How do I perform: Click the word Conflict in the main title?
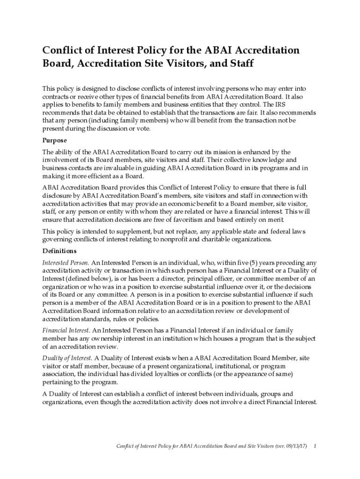point(60,50)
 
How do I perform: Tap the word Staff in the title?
point(241,63)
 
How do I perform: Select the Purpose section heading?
point(55,140)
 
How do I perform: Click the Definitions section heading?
point(59,251)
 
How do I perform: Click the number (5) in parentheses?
point(251,262)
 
